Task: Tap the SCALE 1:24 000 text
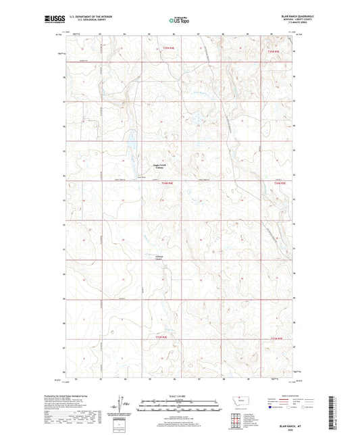click(x=180, y=396)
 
